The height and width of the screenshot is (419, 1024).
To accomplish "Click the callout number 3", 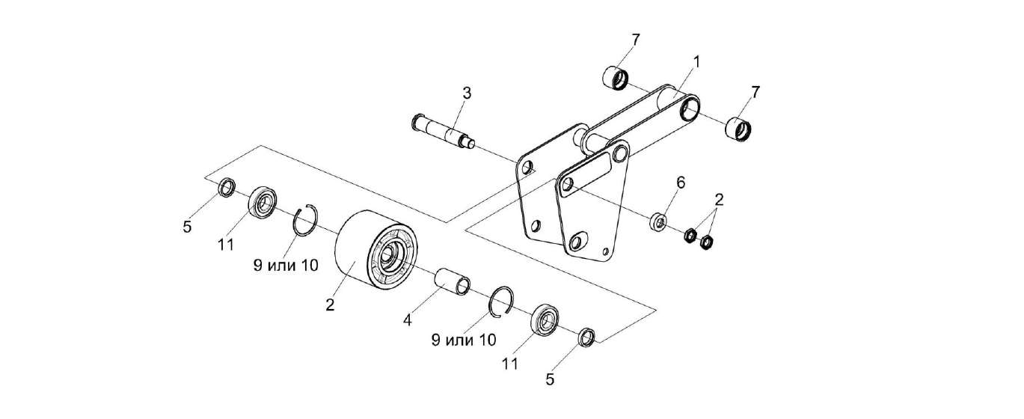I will (x=466, y=94).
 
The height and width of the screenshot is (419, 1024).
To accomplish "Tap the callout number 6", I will (x=681, y=183).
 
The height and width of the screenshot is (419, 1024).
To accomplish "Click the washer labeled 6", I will (x=659, y=221).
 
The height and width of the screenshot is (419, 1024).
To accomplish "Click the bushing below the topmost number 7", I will (x=616, y=77).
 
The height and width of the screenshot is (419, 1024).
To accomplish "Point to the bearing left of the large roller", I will (x=262, y=202).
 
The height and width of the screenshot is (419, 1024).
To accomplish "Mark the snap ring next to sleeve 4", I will (x=500, y=299).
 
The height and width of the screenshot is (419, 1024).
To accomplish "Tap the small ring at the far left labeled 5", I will (x=225, y=189).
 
